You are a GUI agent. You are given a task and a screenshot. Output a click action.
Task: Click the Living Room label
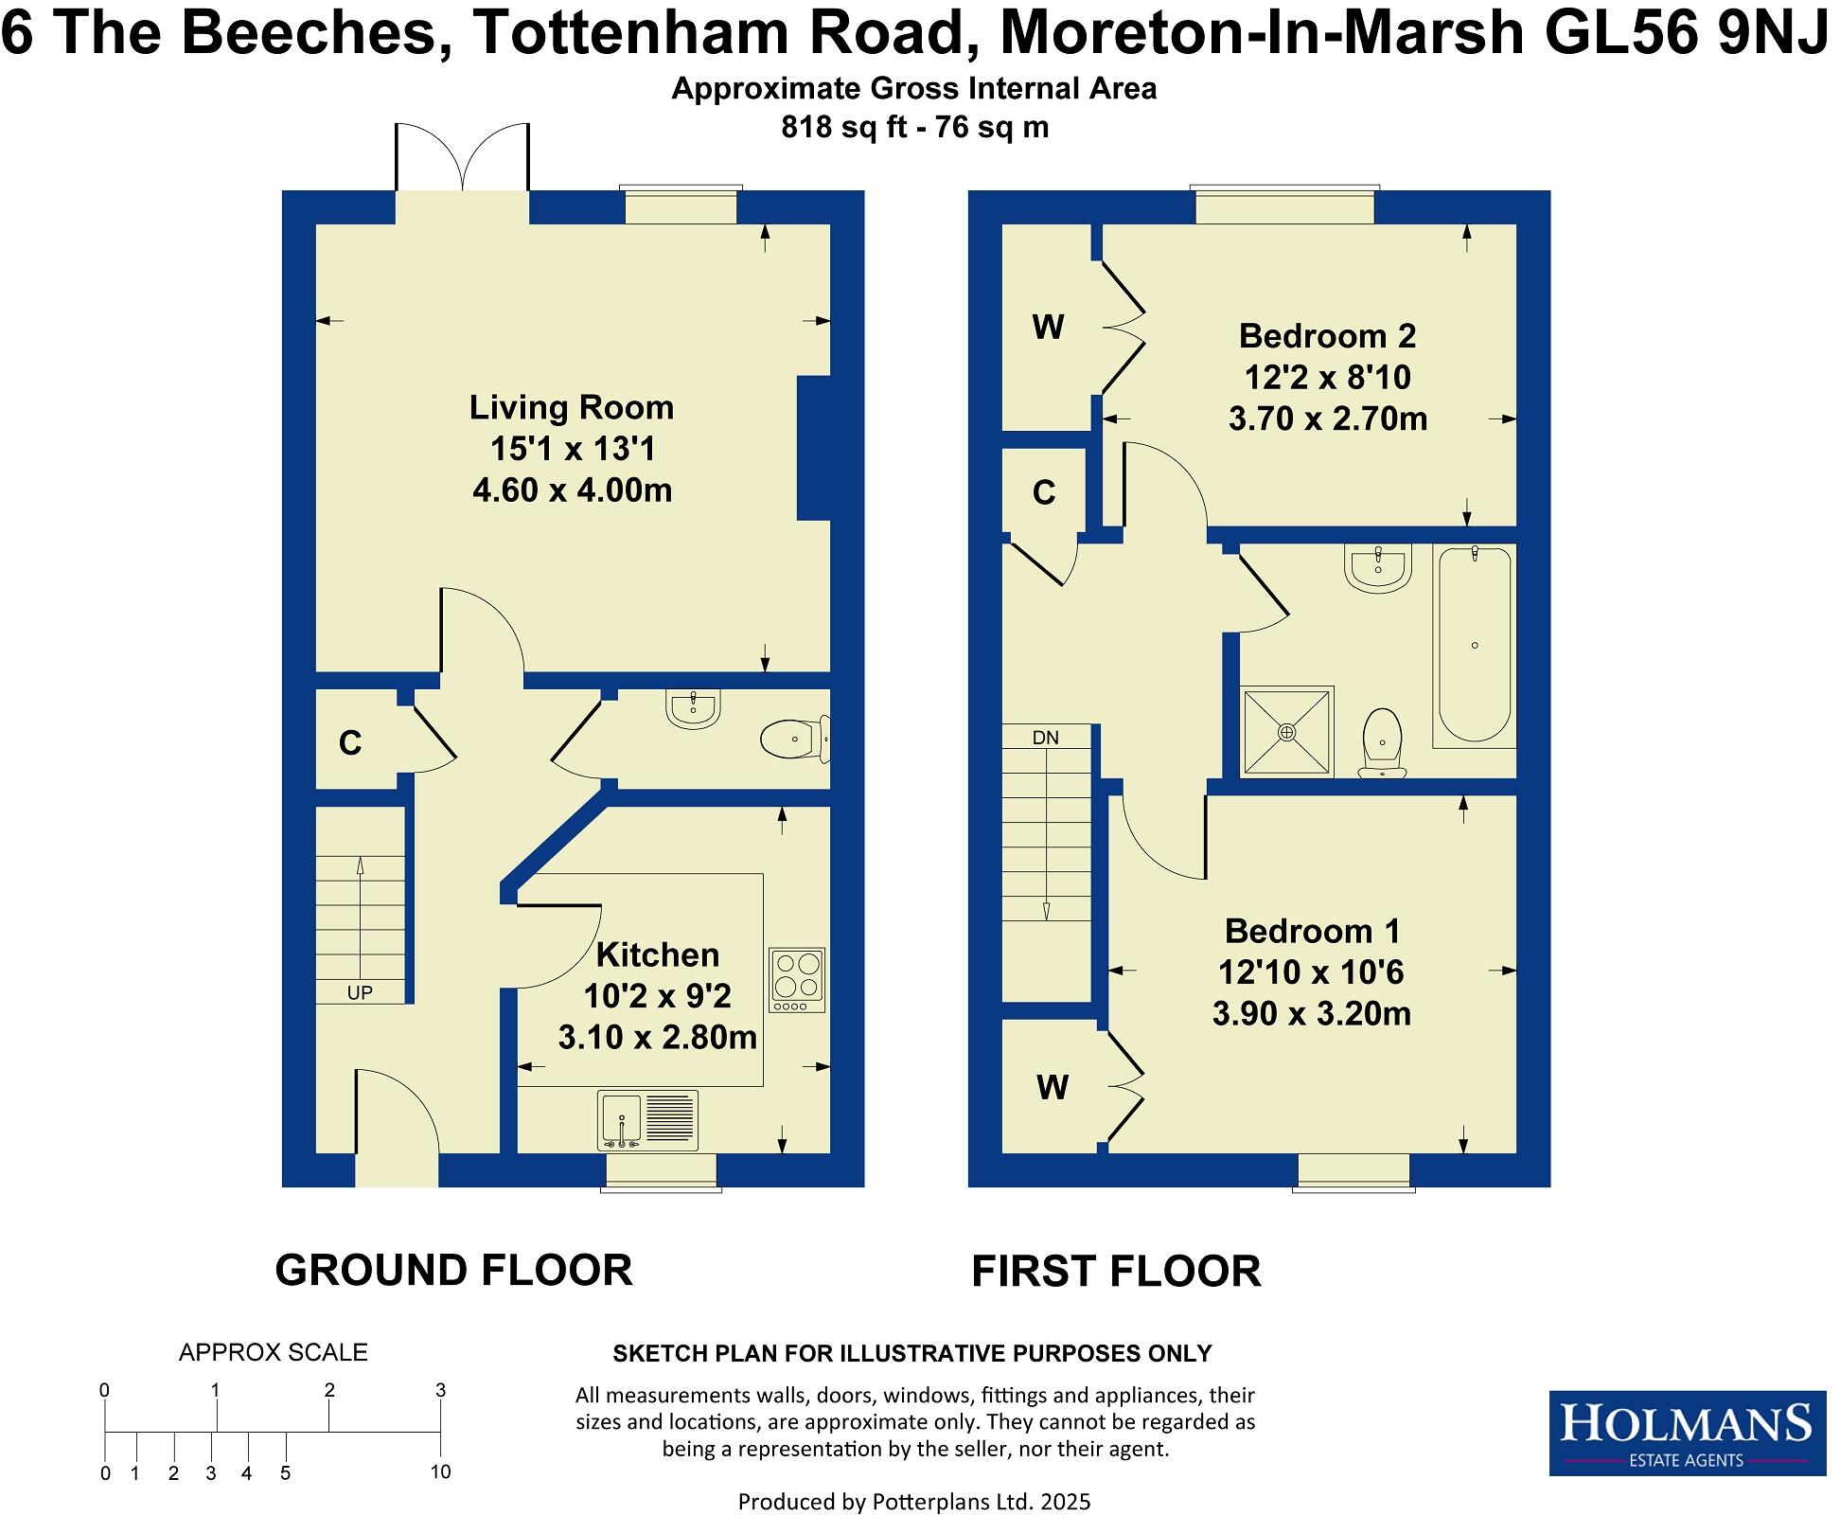572,408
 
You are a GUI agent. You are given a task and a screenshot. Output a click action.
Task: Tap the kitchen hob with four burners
797,979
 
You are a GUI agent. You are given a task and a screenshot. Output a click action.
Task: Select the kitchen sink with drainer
648,1120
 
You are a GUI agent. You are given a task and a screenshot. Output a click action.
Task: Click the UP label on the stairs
360,992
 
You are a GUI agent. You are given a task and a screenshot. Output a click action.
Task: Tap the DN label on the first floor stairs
1045,738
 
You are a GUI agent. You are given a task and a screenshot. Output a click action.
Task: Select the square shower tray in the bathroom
1287,732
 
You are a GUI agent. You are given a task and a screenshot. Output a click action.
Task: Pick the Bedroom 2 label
1327,336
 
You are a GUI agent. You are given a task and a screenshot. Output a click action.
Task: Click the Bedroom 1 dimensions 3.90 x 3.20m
1312,1014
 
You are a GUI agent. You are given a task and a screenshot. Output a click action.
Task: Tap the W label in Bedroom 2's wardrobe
1048,328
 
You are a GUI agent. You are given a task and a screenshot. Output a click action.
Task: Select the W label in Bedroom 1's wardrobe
1053,1088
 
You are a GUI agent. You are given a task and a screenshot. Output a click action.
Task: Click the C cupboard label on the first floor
1044,493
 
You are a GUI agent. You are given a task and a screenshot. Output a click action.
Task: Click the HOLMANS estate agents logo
1687,1433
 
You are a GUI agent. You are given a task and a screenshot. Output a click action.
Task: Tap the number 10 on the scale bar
439,1472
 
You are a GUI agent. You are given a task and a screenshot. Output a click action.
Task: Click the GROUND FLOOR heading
453,1271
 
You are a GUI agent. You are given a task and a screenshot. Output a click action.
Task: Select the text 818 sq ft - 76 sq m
914,127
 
